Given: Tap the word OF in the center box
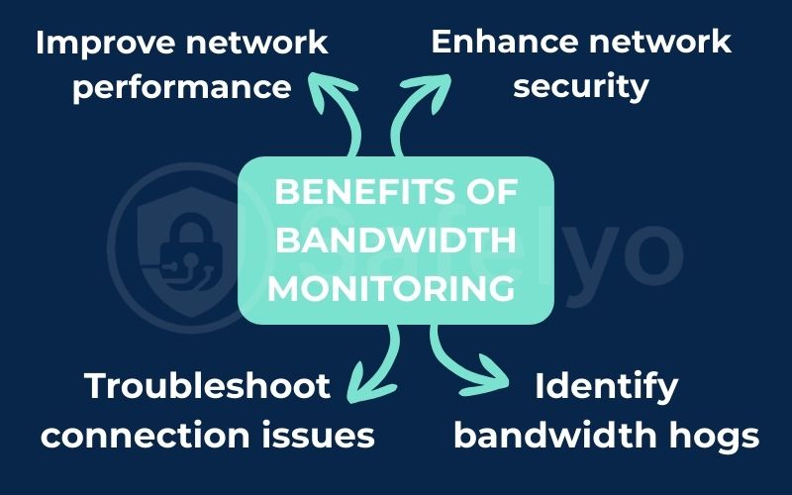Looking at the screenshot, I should (x=490, y=192).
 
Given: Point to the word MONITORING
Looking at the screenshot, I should (x=393, y=289).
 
